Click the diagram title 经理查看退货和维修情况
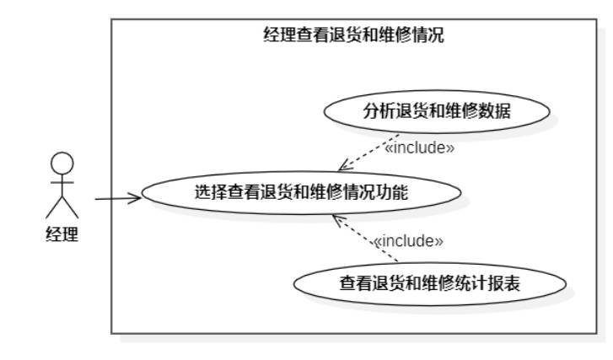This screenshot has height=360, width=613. coord(353,35)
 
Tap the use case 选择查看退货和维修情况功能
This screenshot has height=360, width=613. coord(301,192)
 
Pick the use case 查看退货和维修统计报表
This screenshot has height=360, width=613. coord(429,283)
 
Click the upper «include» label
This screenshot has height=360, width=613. coord(419,149)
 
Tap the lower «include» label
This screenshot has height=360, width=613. coord(408,241)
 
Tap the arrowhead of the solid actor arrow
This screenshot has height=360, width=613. coord(136,199)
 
